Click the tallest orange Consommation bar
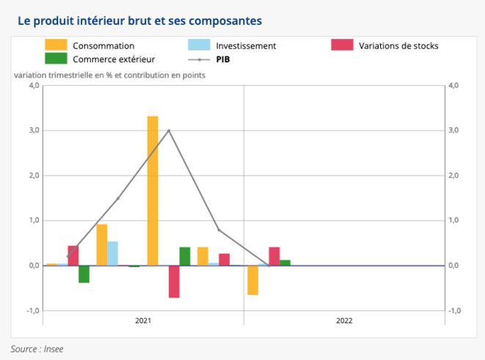[x=153, y=191]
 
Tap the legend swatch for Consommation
[x=56, y=45]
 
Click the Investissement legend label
[x=246, y=45]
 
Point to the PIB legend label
[x=225, y=59]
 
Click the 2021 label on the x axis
[x=144, y=320]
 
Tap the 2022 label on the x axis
[x=344, y=320]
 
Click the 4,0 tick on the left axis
[x=33, y=86]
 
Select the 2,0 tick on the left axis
[x=33, y=176]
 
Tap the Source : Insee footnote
[x=37, y=349]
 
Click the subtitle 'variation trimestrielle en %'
[x=109, y=75]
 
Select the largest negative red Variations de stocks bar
[x=174, y=282]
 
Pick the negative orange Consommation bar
[x=252, y=280]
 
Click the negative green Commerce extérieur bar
[x=84, y=273]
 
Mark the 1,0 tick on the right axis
[x=453, y=221]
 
